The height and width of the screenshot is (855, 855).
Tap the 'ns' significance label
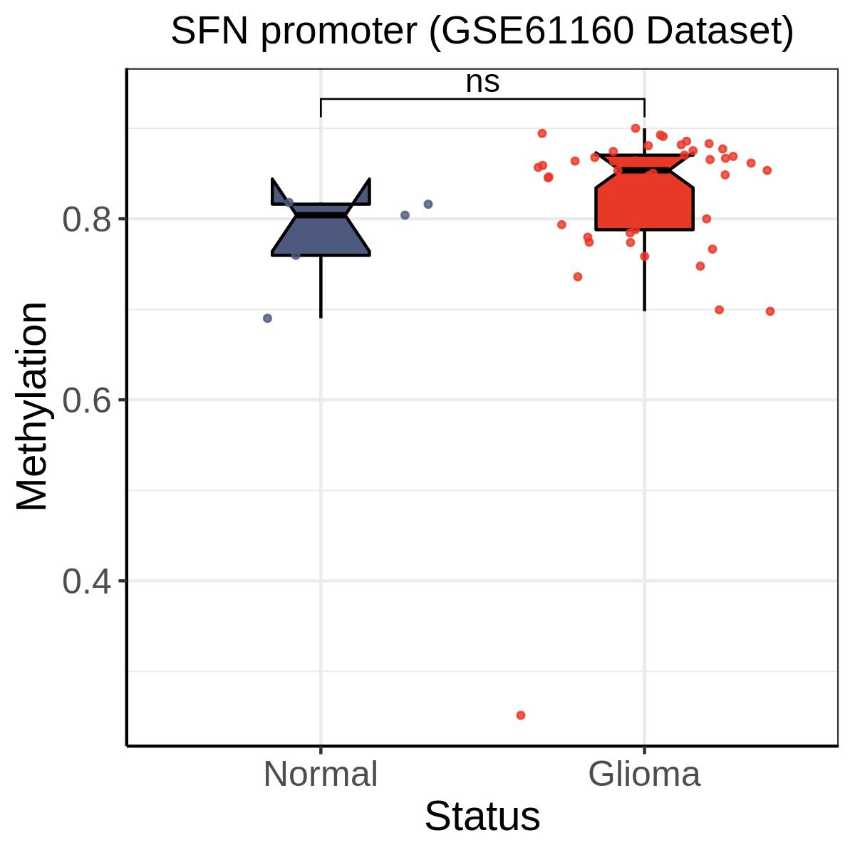coord(482,82)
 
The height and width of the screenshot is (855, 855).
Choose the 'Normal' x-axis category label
coord(321,774)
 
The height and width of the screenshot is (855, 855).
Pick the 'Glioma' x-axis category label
coord(644,774)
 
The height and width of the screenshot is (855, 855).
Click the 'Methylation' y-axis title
coord(33,406)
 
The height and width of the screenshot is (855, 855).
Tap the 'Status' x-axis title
coord(482,817)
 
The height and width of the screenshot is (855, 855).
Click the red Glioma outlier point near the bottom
coord(521,715)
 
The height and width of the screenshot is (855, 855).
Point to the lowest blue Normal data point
coord(268,318)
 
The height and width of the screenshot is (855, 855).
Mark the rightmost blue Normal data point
coord(428,204)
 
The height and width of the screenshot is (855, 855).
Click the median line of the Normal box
coord(321,214)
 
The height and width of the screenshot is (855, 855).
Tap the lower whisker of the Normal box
coord(321,285)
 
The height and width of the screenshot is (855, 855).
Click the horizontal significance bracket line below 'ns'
coord(482,99)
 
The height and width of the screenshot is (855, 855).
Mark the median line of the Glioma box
coord(644,170)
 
